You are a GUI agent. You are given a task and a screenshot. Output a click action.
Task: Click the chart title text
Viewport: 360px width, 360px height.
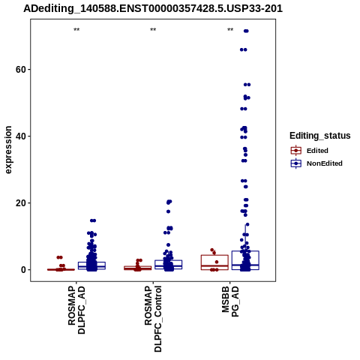point(153,8)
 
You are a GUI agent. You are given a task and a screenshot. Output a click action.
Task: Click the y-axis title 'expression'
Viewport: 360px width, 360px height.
point(8,150)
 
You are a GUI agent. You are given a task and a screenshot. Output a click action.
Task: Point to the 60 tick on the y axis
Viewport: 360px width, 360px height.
point(21,70)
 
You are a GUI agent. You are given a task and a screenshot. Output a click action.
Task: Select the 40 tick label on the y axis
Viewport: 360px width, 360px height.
point(21,136)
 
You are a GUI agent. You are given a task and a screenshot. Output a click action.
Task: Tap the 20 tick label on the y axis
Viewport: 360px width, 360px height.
point(21,203)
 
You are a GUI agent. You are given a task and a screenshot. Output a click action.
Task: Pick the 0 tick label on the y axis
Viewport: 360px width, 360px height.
point(24,270)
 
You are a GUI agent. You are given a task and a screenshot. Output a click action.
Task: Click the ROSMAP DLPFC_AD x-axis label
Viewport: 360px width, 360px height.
point(76,310)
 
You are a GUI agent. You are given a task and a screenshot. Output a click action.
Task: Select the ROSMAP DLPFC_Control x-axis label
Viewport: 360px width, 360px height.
point(153,319)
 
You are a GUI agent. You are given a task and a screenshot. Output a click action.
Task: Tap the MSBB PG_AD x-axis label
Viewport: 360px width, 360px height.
point(230,301)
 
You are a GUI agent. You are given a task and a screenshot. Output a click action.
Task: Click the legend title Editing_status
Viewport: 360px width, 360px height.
point(320,136)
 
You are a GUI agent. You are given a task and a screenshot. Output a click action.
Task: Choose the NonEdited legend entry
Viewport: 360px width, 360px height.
point(316,163)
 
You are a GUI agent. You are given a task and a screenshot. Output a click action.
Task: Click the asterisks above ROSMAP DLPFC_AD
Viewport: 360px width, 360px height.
point(76,30)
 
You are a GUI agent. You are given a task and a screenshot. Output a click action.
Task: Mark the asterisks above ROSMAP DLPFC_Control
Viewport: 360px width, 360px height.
point(153,30)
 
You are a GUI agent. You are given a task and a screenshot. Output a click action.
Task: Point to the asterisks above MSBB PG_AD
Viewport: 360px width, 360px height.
point(230,30)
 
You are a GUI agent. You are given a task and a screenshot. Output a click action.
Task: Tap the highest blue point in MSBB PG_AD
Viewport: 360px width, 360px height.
point(246,31)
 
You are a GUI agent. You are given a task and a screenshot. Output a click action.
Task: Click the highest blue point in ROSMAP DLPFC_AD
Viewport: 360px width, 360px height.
point(93,220)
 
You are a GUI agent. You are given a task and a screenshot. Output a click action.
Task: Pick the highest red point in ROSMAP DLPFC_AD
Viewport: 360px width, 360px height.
point(59,257)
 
